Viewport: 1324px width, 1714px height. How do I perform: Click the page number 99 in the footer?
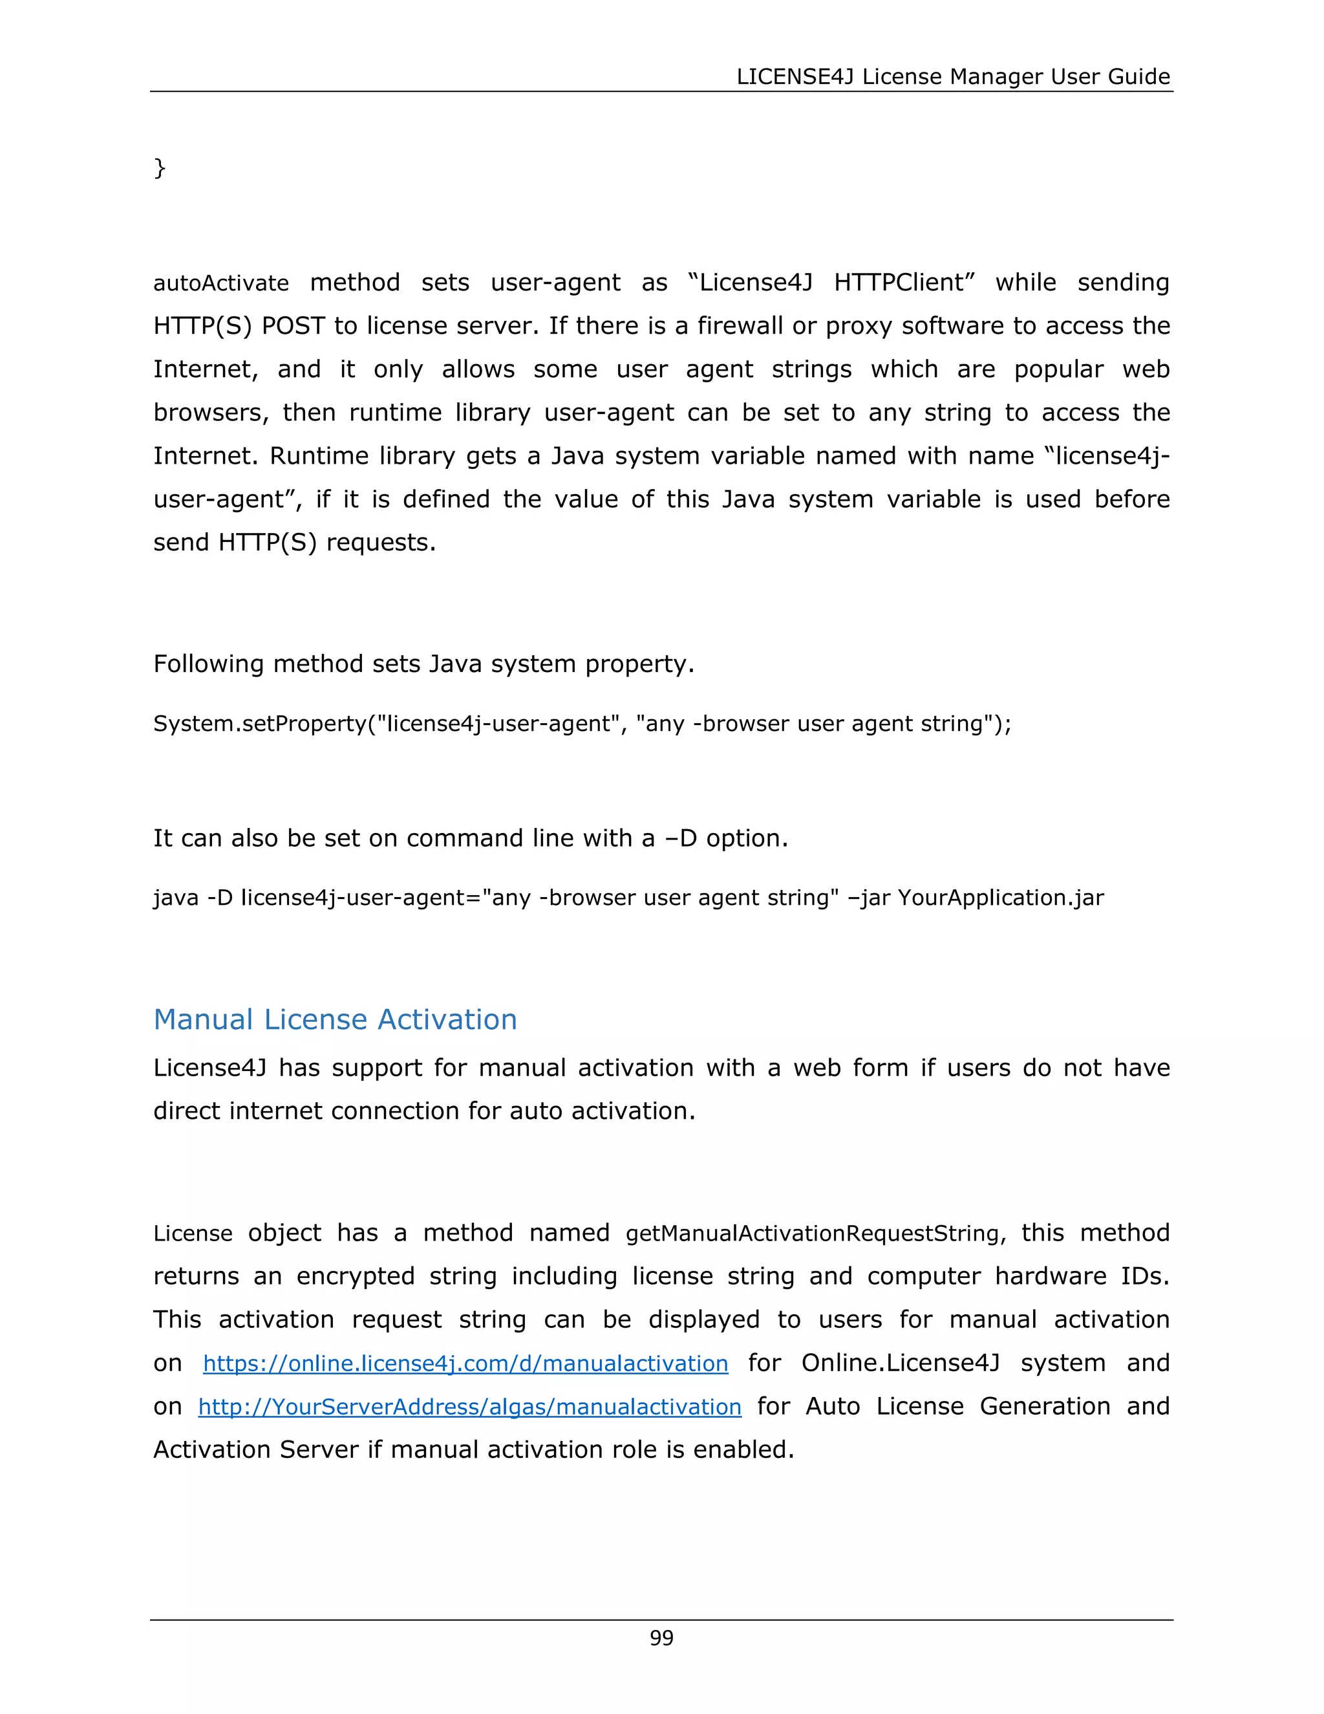pos(661,1638)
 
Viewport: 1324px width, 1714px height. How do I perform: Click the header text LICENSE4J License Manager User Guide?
pos(953,76)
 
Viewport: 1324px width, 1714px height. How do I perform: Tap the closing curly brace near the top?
pos(159,167)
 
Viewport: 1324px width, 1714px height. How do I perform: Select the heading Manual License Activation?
pos(335,1019)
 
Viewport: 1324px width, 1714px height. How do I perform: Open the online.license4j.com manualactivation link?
pos(465,1363)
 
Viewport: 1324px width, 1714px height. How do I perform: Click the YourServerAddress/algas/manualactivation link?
pos(469,1406)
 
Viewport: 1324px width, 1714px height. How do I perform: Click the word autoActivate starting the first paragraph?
pos(220,283)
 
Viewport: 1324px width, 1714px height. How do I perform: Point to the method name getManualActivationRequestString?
pos(812,1233)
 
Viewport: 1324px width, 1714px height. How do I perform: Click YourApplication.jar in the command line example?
pos(1000,897)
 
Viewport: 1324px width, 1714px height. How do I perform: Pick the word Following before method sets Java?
pos(209,664)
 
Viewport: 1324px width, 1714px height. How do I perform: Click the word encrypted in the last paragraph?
pos(356,1276)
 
